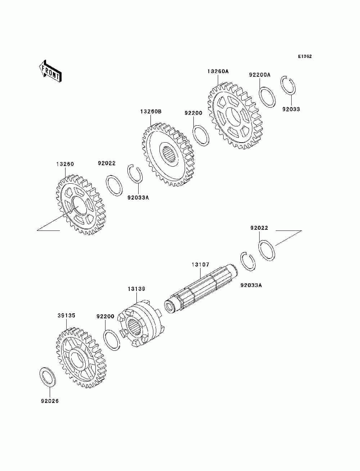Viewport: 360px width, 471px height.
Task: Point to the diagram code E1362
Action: [x=305, y=57]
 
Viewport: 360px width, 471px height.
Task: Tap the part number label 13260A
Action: [x=218, y=71]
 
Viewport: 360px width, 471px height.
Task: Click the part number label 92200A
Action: [x=260, y=75]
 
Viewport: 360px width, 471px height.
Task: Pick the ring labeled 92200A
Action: [x=268, y=97]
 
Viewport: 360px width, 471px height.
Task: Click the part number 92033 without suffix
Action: [x=291, y=109]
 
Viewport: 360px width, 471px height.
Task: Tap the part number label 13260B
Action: [x=151, y=112]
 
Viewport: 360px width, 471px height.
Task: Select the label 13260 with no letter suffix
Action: [x=65, y=164]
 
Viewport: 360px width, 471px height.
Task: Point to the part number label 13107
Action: [x=200, y=265]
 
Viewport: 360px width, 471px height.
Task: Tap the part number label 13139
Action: [x=136, y=289]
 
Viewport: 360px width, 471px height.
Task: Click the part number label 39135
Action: [x=66, y=315]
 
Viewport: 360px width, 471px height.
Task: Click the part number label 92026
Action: [x=47, y=401]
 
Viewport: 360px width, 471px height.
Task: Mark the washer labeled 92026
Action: [x=47, y=377]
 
